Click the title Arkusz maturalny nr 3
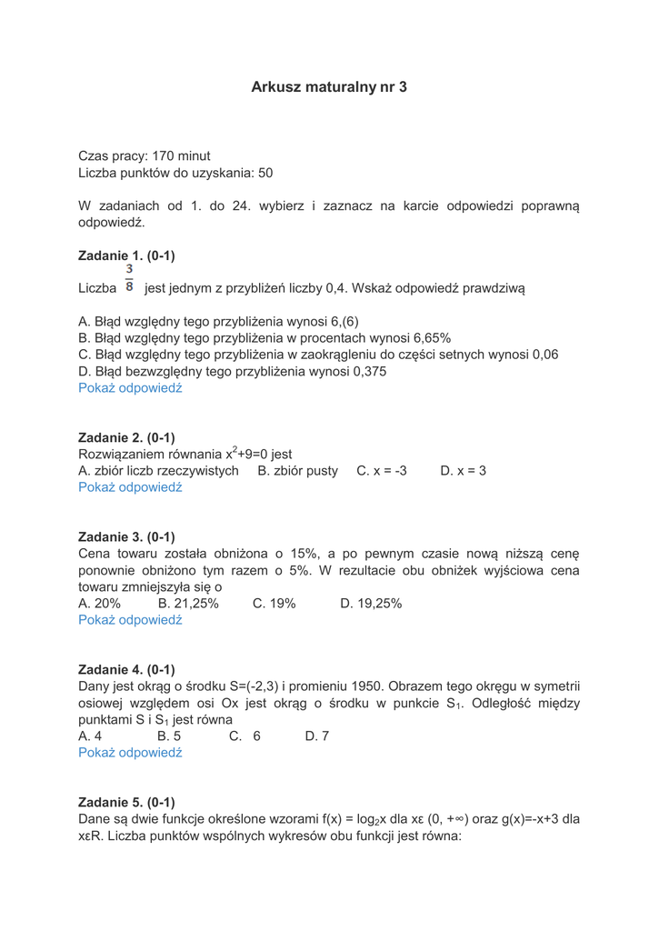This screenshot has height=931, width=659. (x=329, y=87)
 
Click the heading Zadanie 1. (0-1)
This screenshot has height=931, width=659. (x=126, y=255)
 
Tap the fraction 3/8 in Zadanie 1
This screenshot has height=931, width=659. (x=129, y=278)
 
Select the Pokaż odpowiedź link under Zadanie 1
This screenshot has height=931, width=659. (x=130, y=387)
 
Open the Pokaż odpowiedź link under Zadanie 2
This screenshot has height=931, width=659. (x=130, y=487)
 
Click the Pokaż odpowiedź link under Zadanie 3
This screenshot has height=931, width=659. (x=130, y=620)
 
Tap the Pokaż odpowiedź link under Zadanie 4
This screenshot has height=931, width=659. (x=130, y=753)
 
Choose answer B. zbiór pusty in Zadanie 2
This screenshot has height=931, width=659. (x=297, y=471)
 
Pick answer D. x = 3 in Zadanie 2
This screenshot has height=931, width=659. (x=463, y=471)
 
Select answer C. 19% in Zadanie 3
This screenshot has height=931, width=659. (x=274, y=603)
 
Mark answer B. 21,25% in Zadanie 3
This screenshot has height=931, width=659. (x=188, y=603)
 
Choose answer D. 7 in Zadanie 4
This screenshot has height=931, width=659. (x=317, y=736)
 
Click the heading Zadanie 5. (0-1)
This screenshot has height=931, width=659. (x=126, y=802)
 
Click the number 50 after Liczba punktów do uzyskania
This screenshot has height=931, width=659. (x=265, y=173)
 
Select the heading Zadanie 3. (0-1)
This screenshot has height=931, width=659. (x=126, y=536)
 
